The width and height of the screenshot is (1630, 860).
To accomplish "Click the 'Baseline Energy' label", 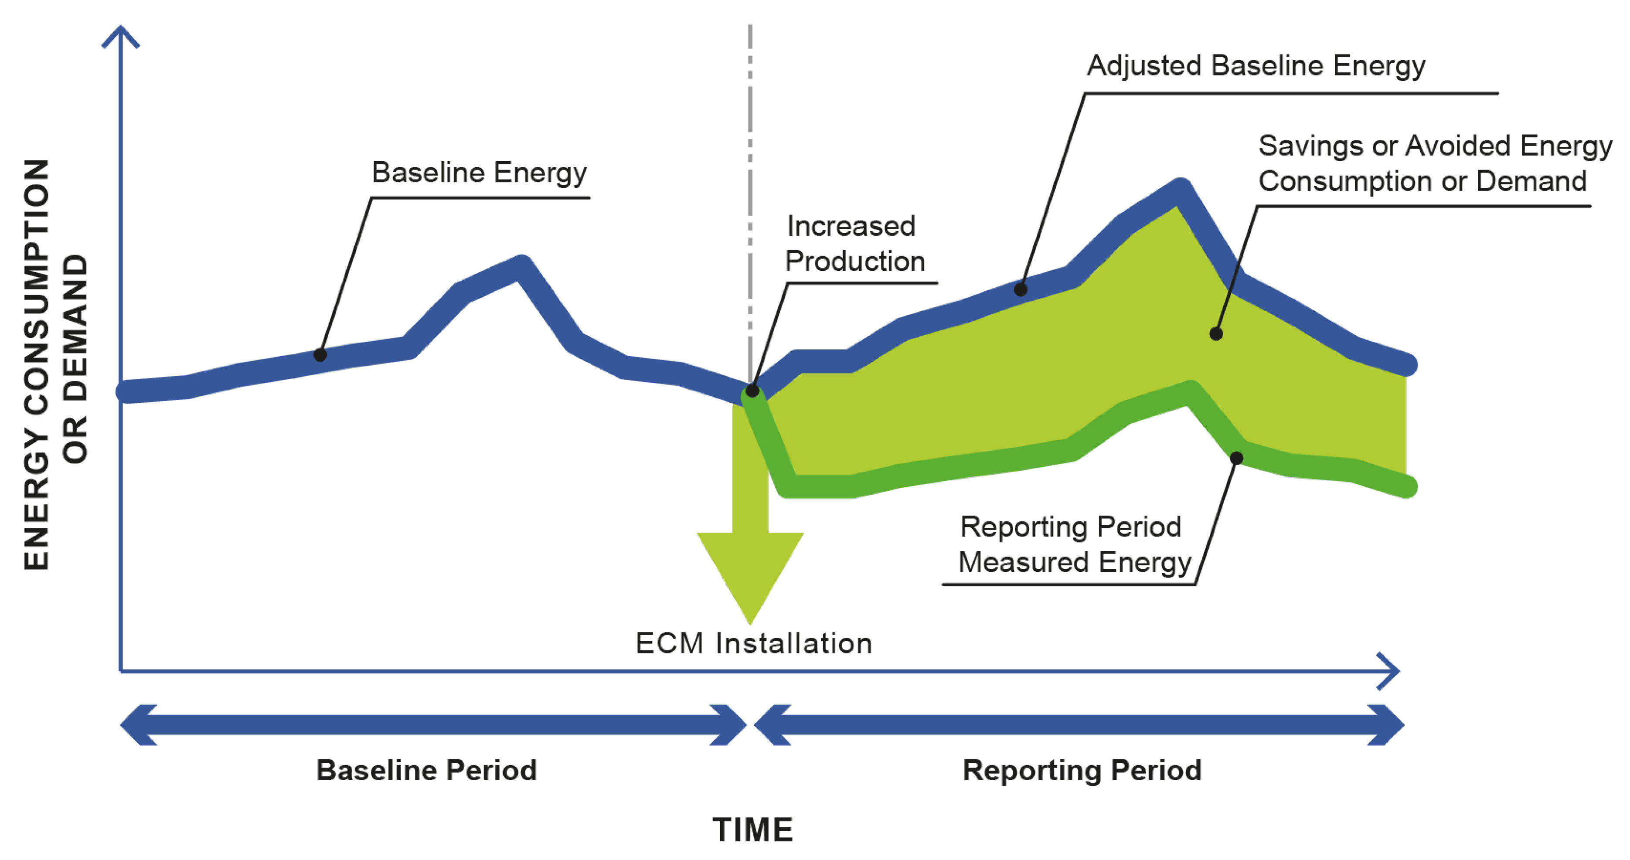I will coord(479,173).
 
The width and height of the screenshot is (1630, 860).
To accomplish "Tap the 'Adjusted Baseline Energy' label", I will coord(1256,66).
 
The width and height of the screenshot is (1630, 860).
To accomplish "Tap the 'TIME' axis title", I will coord(753,829).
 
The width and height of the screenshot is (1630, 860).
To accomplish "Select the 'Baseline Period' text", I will coord(426,771).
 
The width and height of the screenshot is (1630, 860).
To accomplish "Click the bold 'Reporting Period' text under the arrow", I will coord(1082,771).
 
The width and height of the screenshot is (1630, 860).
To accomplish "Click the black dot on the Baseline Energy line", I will coord(320,355).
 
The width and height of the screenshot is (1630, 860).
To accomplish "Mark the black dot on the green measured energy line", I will coord(1236,458).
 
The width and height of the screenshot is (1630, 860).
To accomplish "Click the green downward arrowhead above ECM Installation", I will coord(750,570).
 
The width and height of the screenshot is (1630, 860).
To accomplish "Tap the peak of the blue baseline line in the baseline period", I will coord(521,266).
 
